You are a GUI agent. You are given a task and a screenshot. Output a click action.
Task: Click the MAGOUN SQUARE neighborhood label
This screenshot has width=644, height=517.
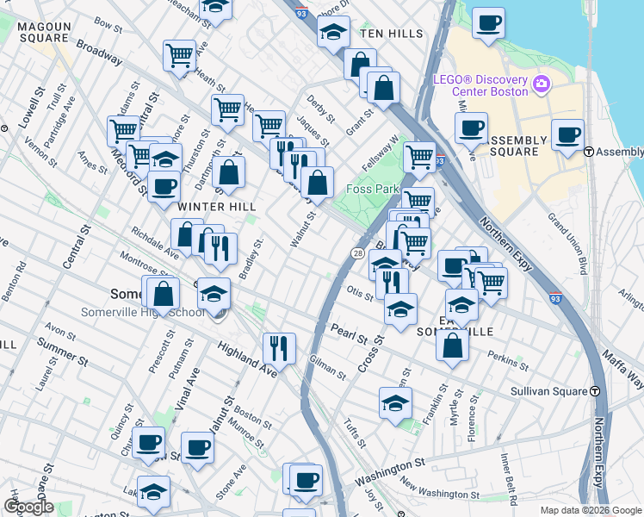(43, 32)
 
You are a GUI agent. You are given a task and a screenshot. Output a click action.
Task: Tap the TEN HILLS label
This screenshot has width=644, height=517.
(392, 34)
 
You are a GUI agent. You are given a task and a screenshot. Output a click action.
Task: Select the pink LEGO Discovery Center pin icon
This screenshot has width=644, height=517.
(542, 84)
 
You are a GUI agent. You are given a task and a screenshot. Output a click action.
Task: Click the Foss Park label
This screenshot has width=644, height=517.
(370, 189)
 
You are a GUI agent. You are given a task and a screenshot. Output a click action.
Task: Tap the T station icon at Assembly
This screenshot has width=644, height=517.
(590, 152)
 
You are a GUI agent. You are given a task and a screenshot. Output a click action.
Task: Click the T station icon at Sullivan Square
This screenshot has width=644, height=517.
(595, 391)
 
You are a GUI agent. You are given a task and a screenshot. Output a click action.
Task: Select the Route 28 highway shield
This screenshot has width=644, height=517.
(357, 252)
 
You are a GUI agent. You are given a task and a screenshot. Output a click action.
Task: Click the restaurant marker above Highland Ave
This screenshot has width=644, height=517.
(279, 347)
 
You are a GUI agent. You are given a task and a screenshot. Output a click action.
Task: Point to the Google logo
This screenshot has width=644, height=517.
(28, 506)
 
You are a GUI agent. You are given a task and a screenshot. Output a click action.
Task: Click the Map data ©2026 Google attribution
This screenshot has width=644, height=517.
(591, 510)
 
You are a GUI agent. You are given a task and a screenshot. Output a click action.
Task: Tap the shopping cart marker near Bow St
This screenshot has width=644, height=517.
(179, 55)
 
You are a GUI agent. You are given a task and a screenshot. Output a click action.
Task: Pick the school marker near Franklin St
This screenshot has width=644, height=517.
(394, 402)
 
